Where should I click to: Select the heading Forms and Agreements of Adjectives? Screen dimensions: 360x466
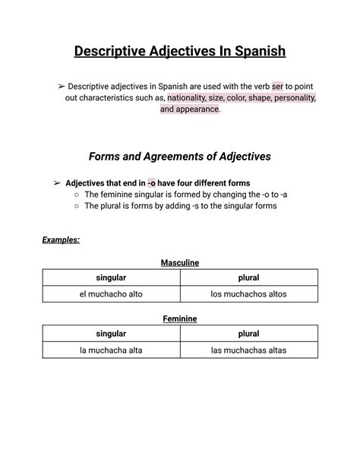180,157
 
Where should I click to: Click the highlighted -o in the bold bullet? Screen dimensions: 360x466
151,183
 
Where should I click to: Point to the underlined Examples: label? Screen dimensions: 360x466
61,239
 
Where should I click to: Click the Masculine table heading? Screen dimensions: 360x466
180,262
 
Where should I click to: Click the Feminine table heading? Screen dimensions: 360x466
180,319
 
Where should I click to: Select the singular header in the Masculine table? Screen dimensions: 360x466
111,278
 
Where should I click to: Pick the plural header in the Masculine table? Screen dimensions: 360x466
248,278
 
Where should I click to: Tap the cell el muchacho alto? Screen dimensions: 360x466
111,294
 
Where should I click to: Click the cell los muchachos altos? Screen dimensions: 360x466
248,294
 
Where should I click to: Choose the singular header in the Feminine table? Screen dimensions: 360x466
111,334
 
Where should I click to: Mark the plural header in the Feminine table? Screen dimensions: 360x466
248,334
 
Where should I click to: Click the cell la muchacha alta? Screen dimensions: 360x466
111,350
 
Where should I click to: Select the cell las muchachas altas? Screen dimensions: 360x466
248,350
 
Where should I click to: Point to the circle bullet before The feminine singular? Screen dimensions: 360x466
77,195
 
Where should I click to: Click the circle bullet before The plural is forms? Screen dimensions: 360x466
77,206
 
